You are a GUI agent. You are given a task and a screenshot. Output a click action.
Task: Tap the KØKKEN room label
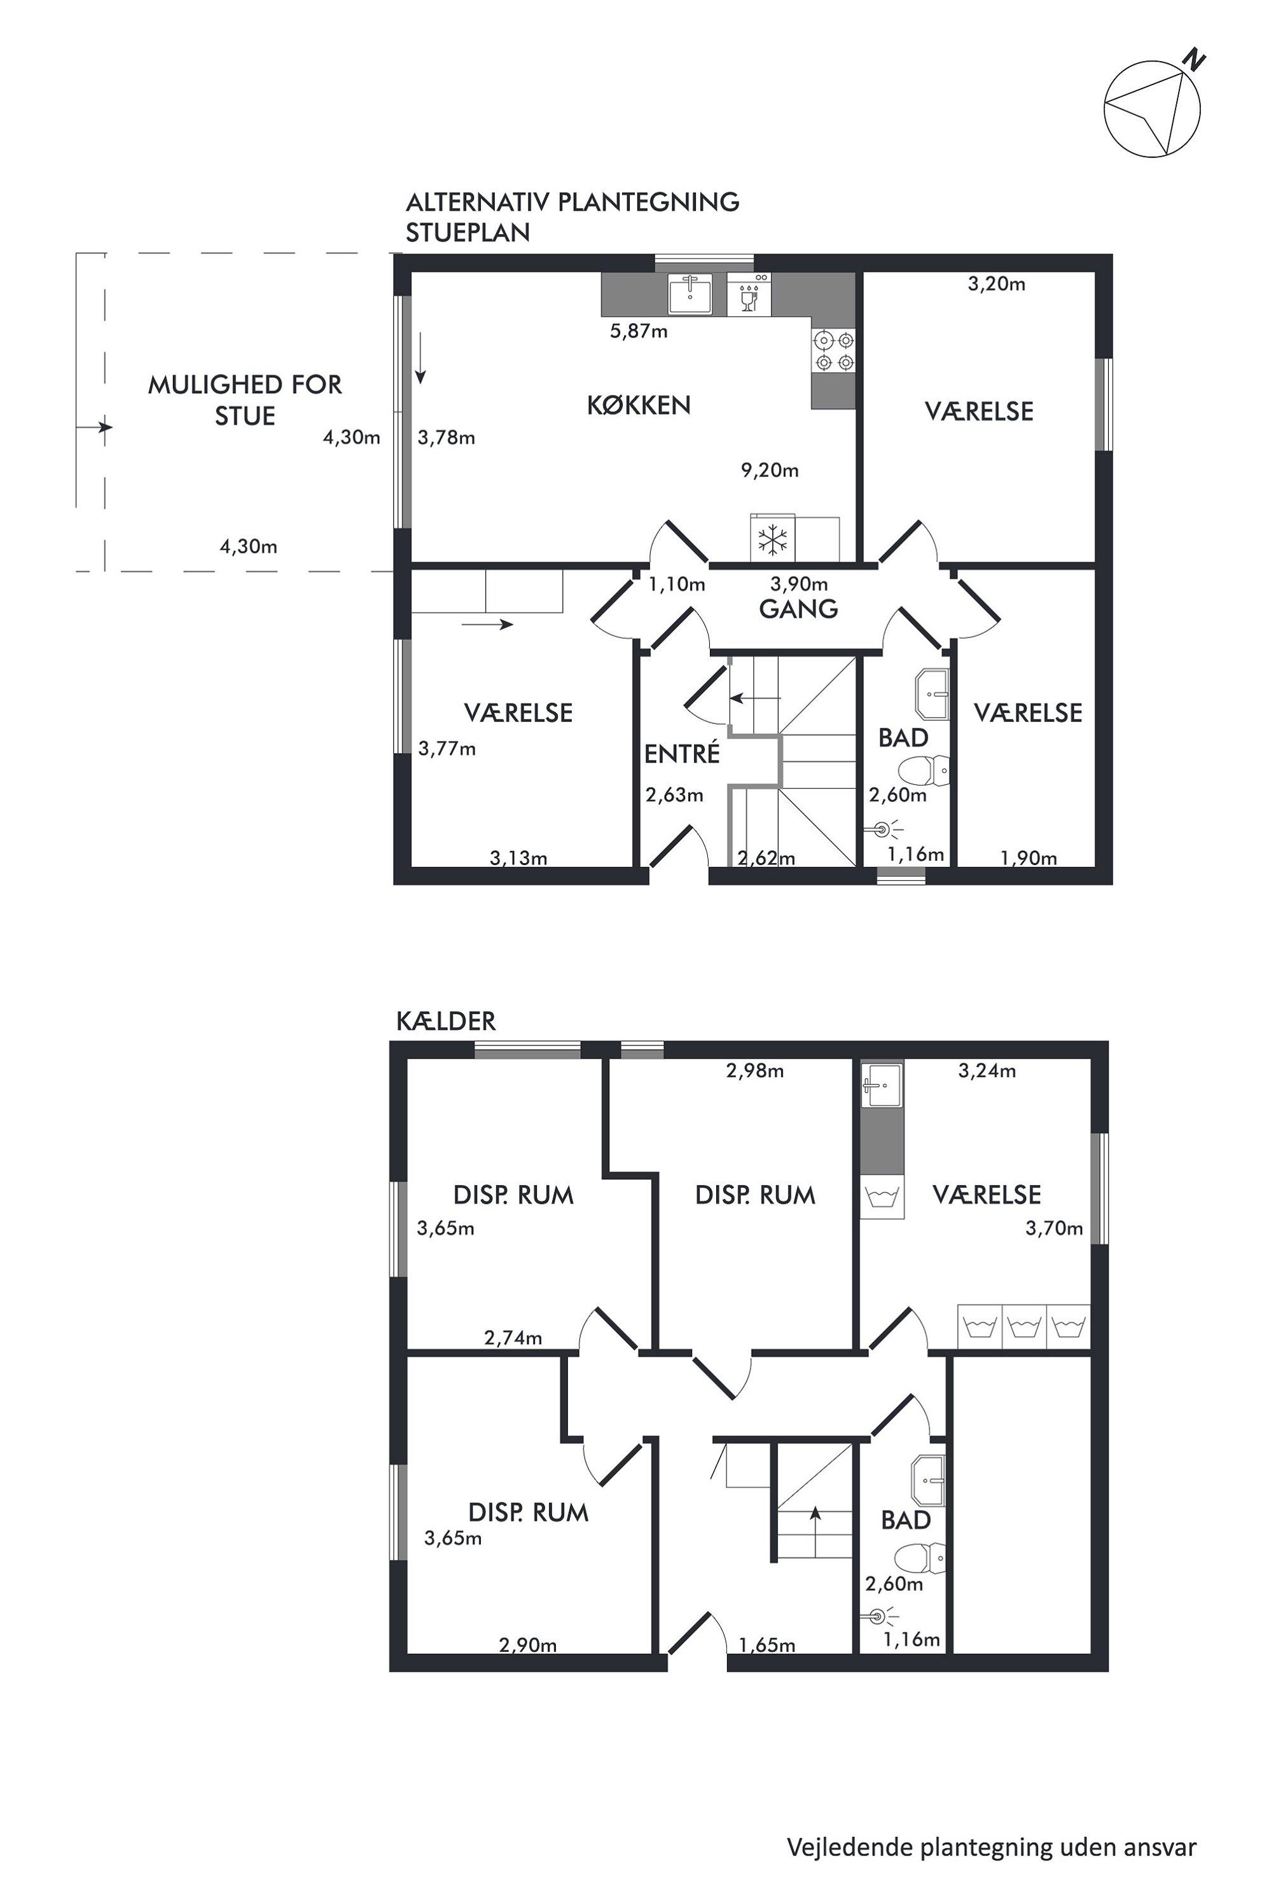point(638,405)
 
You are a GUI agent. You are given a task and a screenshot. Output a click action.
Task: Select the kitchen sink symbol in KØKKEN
point(690,294)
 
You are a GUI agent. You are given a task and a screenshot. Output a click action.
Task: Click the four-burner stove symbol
point(833,351)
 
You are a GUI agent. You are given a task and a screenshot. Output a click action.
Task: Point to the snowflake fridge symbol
point(773,539)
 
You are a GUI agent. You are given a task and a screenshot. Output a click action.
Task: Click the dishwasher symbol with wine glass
point(749,294)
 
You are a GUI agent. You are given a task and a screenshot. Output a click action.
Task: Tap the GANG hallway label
point(798,609)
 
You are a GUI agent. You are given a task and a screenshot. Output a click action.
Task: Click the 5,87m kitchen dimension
point(638,331)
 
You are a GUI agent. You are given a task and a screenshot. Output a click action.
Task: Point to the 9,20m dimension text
point(770,470)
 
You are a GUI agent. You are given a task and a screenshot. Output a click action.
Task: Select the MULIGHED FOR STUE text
point(245,400)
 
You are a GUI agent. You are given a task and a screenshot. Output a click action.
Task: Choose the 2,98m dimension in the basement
point(754,1071)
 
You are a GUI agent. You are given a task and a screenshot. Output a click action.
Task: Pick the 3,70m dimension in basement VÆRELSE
point(1053,1228)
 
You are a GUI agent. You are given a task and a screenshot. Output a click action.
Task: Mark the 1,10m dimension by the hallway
point(676,585)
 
